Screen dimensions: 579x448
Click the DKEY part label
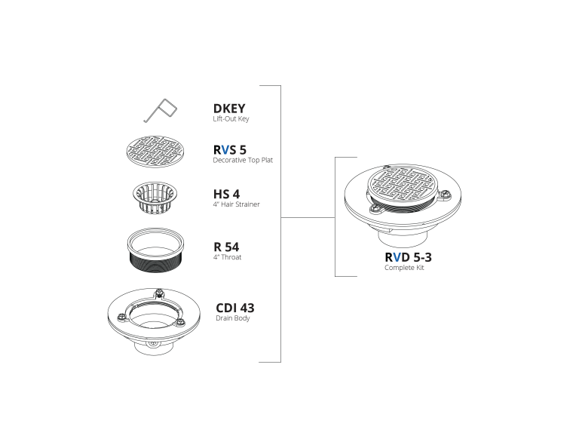229,108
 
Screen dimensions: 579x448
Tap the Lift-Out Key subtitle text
231,118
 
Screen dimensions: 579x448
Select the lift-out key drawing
161,110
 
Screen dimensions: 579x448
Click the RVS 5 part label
230,149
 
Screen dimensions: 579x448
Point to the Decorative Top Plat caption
243,160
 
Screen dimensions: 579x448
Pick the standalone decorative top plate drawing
156,152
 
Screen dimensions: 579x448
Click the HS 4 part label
226,194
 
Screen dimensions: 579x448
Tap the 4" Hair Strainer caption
236,204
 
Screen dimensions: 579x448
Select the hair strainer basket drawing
155,198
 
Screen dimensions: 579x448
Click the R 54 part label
226,247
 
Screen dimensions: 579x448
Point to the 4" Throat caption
227,257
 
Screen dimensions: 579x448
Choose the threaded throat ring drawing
155,250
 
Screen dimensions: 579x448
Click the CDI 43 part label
235,308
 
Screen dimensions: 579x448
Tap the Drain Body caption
233,318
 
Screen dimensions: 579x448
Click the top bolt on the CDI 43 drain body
159,294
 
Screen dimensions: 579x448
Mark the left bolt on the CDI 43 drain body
121,317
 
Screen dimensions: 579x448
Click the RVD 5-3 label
408,257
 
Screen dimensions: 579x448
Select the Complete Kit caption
404,268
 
